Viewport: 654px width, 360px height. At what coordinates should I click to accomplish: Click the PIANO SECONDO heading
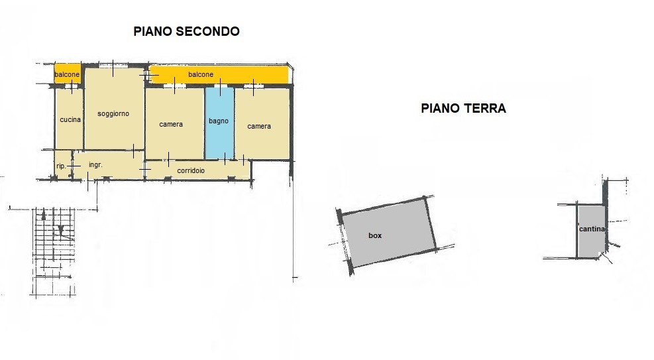pyautogui.click(x=186, y=31)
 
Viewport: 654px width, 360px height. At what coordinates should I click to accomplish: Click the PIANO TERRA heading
pyautogui.click(x=463, y=109)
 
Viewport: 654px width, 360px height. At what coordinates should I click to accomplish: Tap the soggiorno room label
pyautogui.click(x=113, y=113)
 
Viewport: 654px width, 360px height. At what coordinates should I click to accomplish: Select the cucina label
pyautogui.click(x=70, y=120)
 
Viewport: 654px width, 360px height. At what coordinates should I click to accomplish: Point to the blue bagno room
pyautogui.click(x=219, y=123)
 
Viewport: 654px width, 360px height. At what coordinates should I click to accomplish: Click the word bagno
pyautogui.click(x=219, y=121)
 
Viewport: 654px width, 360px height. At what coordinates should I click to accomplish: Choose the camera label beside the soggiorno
pyautogui.click(x=171, y=125)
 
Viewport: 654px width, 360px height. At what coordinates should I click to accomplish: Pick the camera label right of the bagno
pyautogui.click(x=259, y=127)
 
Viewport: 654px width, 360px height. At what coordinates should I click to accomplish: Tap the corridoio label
pyautogui.click(x=191, y=170)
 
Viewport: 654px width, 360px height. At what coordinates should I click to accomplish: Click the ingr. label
pyautogui.click(x=95, y=165)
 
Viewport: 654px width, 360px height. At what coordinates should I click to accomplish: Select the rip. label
pyautogui.click(x=61, y=166)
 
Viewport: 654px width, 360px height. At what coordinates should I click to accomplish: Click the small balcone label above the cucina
pyautogui.click(x=67, y=74)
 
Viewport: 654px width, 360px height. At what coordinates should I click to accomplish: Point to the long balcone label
pyautogui.click(x=201, y=74)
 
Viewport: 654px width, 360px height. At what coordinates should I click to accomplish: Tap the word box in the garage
pyautogui.click(x=375, y=235)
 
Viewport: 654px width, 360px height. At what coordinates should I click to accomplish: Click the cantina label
pyautogui.click(x=592, y=229)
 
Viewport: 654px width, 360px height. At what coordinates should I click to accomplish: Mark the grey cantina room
pyautogui.click(x=591, y=231)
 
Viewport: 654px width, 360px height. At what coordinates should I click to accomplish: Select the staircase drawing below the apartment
pyautogui.click(x=54, y=251)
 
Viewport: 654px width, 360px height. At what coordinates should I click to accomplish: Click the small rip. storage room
pyautogui.click(x=63, y=165)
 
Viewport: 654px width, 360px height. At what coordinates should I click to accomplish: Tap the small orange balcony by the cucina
pyautogui.click(x=68, y=74)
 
